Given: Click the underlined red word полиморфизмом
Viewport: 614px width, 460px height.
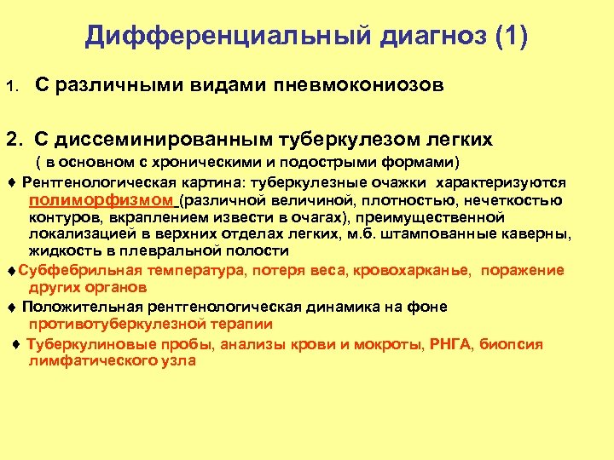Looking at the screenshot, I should point(101,200).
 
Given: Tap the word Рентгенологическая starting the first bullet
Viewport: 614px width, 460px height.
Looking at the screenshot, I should point(92,182).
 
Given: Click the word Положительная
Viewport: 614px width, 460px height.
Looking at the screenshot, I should point(78,307).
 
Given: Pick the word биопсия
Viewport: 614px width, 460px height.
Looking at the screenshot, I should point(511,344).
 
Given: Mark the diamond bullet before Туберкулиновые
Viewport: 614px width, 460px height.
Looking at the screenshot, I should point(17,344).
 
